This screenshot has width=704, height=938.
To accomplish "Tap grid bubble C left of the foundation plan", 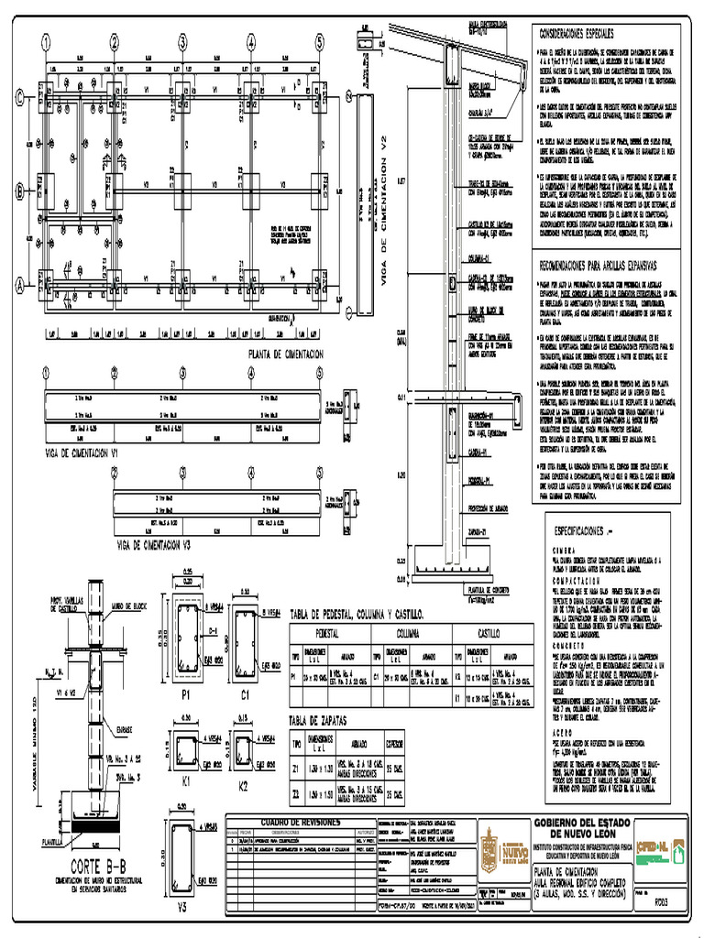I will click(18, 99).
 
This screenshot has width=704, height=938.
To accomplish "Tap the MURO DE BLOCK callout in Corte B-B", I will click(129, 606).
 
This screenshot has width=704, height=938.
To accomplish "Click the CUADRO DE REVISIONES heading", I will click(301, 823).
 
